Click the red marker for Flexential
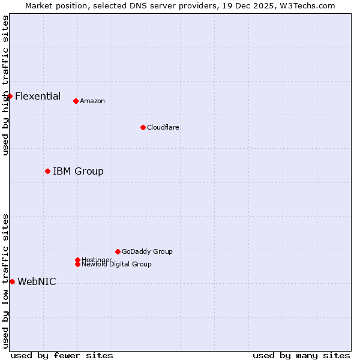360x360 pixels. tap(10, 96)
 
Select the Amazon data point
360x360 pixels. tap(76, 101)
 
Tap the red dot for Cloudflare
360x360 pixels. tap(143, 127)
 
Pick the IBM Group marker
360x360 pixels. tap(47, 172)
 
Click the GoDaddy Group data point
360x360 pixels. tap(118, 251)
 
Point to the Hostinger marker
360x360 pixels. tap(77, 260)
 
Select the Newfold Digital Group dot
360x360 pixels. tap(77, 264)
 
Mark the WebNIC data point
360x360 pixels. tap(12, 282)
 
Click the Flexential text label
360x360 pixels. tap(38, 96)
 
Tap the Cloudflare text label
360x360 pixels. tap(163, 127)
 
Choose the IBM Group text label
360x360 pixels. tap(78, 172)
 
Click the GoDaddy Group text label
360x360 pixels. tap(147, 251)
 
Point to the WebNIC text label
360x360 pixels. tap(37, 282)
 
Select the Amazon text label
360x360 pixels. tap(92, 101)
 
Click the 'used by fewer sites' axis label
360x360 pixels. tap(62, 355)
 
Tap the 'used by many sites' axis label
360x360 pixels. tap(301, 355)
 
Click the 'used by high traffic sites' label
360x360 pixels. tap(5, 85)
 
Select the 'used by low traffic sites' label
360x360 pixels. tap(5, 281)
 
